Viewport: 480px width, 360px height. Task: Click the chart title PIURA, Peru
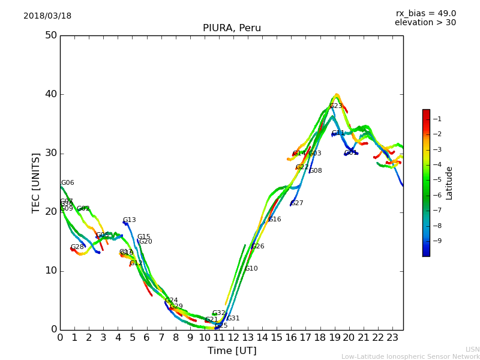tap(232, 28)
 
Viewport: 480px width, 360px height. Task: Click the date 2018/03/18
tap(47, 16)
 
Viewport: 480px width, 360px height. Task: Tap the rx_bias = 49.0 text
tap(425, 13)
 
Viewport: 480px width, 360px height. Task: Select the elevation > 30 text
tap(425, 23)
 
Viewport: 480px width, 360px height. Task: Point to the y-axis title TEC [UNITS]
tap(36, 182)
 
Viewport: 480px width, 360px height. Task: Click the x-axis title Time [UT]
tap(232, 351)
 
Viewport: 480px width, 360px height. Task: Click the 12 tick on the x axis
tap(233, 338)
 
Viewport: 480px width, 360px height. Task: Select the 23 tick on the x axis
tap(392, 338)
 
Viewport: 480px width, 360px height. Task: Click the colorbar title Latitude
tap(449, 183)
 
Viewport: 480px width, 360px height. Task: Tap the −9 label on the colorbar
tap(437, 241)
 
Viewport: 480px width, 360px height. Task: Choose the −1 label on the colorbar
tap(437, 119)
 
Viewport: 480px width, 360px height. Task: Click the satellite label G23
tap(335, 106)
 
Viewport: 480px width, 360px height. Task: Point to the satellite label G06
tap(67, 183)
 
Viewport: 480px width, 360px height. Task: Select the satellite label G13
tap(129, 220)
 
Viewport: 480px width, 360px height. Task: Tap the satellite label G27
tap(296, 203)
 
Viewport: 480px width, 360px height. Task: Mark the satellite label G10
tap(251, 269)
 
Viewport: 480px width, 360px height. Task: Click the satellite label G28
tap(77, 247)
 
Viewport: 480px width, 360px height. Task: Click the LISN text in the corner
tap(472, 349)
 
